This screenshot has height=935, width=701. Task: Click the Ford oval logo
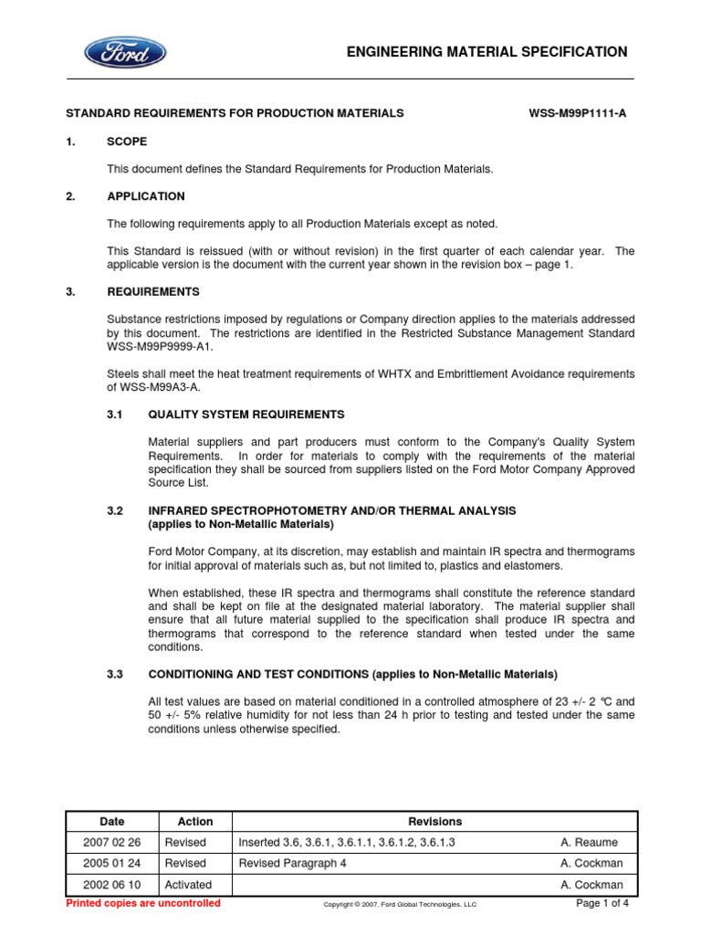coord(125,52)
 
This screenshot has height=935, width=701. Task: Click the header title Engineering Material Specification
coord(487,52)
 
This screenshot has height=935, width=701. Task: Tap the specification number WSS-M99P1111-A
coord(578,113)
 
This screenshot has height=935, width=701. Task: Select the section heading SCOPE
coord(127,142)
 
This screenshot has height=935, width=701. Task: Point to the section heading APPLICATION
coord(146,196)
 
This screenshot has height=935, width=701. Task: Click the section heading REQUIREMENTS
coord(153,291)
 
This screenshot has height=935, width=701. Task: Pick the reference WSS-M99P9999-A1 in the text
coord(159,346)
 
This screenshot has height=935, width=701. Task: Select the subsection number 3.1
coord(115,415)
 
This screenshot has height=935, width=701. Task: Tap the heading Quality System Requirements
coord(246,415)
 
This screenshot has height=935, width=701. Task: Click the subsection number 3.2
coord(115,510)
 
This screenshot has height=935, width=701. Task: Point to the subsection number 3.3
coord(115,674)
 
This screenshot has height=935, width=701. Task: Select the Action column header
coord(195,821)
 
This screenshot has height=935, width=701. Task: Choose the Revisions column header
coord(435,821)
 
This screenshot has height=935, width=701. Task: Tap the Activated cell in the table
coord(188,884)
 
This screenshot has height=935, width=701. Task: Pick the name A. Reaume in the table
coord(591,842)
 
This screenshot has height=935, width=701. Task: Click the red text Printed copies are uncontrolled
coord(144,903)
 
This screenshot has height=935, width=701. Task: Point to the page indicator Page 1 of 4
coord(602,903)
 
